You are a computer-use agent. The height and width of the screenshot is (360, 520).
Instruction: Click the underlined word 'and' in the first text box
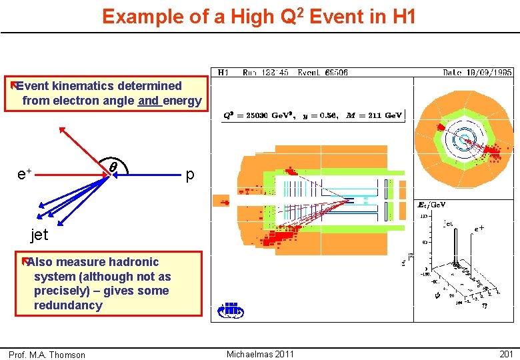pos(149,101)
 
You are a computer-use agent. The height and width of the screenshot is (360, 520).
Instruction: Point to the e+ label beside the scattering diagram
pos(25,174)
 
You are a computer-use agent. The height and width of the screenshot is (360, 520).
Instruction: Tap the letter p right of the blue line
pos(190,175)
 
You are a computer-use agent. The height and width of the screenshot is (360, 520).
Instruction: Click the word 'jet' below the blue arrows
pos(39,234)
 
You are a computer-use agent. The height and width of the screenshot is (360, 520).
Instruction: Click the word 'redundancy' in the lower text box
pos(68,305)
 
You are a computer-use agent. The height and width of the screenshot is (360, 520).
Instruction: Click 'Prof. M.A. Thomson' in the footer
pos(47,355)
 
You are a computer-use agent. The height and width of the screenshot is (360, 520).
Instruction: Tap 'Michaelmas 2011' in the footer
pos(260,354)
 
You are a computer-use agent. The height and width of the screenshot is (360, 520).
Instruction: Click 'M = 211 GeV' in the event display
pos(375,115)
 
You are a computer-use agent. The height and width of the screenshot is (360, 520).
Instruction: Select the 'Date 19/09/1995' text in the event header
pos(477,72)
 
